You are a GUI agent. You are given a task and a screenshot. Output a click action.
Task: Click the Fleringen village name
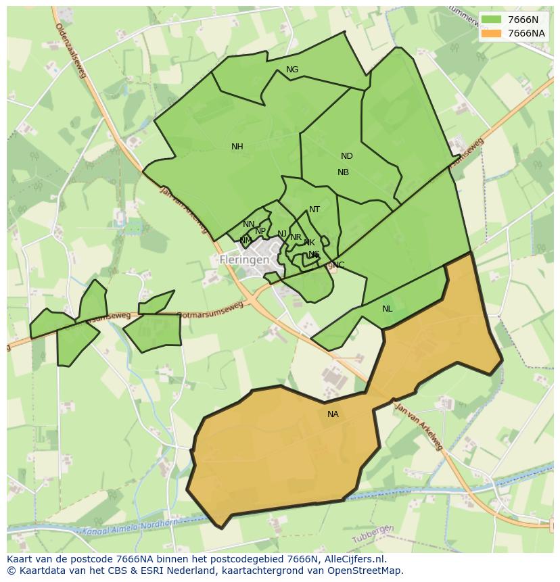[x=244, y=260]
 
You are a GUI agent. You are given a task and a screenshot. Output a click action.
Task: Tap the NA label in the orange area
[x=333, y=414]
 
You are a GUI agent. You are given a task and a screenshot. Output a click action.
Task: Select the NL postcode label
[x=387, y=309]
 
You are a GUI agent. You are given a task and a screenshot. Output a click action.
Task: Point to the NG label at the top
[x=292, y=70]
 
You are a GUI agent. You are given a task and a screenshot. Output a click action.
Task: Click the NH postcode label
[x=237, y=147]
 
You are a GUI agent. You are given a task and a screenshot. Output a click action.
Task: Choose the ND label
[x=346, y=156]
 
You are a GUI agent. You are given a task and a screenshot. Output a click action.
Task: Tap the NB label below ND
[x=343, y=172]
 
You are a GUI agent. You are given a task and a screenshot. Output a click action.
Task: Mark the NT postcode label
[x=314, y=210]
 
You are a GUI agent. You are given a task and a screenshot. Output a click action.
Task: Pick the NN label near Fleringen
[x=249, y=224]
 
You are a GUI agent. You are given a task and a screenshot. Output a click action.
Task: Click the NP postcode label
[x=260, y=231]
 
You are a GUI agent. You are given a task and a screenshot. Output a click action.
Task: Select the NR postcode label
[x=296, y=237]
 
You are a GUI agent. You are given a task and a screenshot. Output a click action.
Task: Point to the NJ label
[x=282, y=234]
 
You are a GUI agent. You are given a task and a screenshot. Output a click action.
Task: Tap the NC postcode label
[x=338, y=264]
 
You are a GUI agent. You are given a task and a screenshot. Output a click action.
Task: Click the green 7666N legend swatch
[x=491, y=20]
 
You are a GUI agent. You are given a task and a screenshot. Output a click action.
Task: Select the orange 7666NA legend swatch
[x=491, y=33]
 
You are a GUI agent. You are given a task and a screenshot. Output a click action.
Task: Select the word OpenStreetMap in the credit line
[x=367, y=571]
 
